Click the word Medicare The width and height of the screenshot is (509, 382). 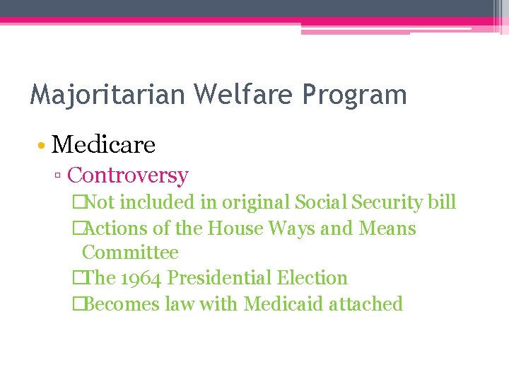(x=103, y=145)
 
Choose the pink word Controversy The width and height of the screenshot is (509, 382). (x=128, y=175)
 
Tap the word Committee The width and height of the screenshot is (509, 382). (x=130, y=253)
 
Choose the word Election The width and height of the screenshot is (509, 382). (x=313, y=278)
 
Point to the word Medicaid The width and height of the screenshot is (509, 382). (x=281, y=304)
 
